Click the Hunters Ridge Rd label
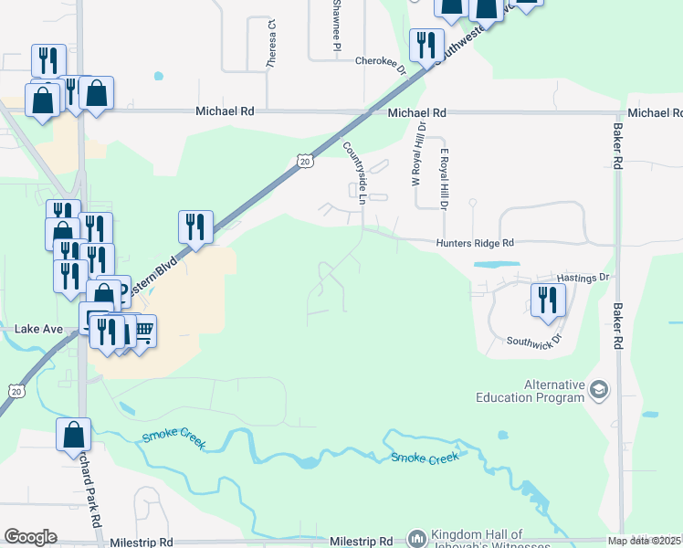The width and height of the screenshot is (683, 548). [x=475, y=243]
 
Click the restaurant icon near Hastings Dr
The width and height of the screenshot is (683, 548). [x=548, y=300]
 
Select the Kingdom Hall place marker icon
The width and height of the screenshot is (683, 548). [x=416, y=539]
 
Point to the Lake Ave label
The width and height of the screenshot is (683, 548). [x=39, y=328]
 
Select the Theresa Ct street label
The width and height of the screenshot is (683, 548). [x=271, y=45]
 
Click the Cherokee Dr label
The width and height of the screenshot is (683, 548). [x=380, y=61]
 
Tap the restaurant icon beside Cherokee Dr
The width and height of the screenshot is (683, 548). [x=426, y=45]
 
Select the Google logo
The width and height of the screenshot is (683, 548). [x=30, y=537]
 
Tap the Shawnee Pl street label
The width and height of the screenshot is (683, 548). [x=336, y=25]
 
